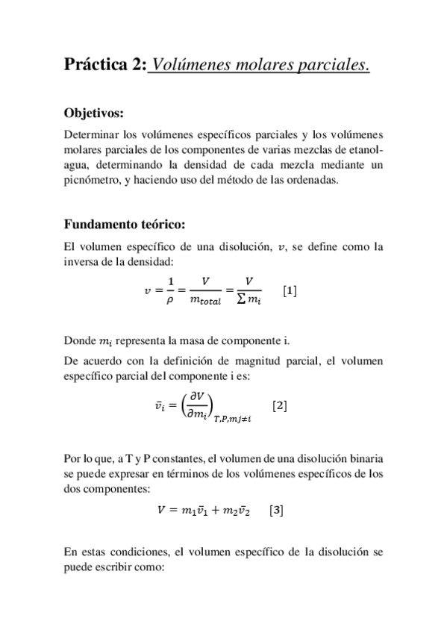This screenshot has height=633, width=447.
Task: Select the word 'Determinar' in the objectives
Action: pyautogui.click(x=90, y=134)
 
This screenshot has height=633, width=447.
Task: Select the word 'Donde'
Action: pyautogui.click(x=79, y=341)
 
